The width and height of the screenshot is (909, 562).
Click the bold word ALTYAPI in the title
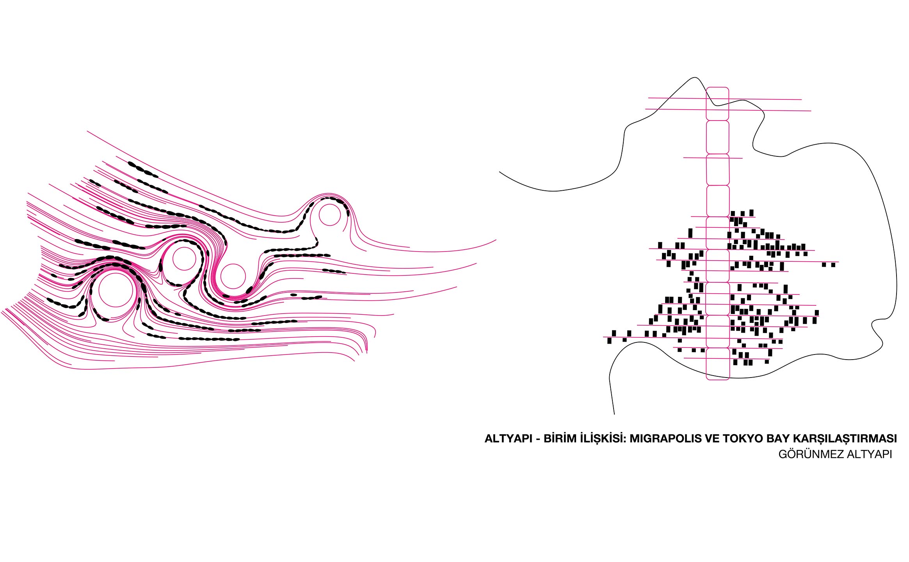[x=508, y=438]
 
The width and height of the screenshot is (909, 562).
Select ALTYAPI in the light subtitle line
[x=864, y=454]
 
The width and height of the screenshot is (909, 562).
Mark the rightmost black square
[x=833, y=265]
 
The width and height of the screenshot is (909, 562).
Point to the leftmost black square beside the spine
[x=609, y=341]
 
